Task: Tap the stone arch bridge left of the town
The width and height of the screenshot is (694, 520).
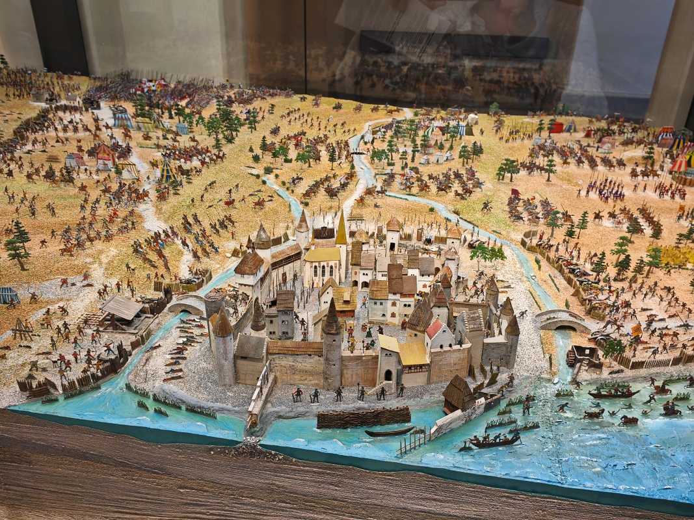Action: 186,304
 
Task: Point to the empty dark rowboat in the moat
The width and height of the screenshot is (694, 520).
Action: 389,432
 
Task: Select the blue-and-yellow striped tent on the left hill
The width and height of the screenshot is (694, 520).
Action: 167,172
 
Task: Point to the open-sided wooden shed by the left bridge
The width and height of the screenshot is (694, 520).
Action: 122,309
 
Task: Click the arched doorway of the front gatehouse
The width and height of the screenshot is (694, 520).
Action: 388,375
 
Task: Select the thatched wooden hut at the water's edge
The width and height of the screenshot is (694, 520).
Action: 459,393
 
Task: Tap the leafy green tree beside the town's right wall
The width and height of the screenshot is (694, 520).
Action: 487,253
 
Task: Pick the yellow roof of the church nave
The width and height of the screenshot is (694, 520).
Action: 323,254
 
